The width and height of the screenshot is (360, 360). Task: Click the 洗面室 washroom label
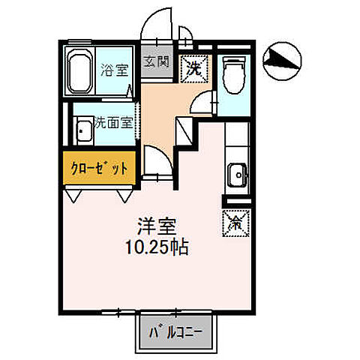113,123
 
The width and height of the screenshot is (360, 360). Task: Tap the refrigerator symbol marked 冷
232,222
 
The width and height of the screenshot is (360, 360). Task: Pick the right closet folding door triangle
122,194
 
